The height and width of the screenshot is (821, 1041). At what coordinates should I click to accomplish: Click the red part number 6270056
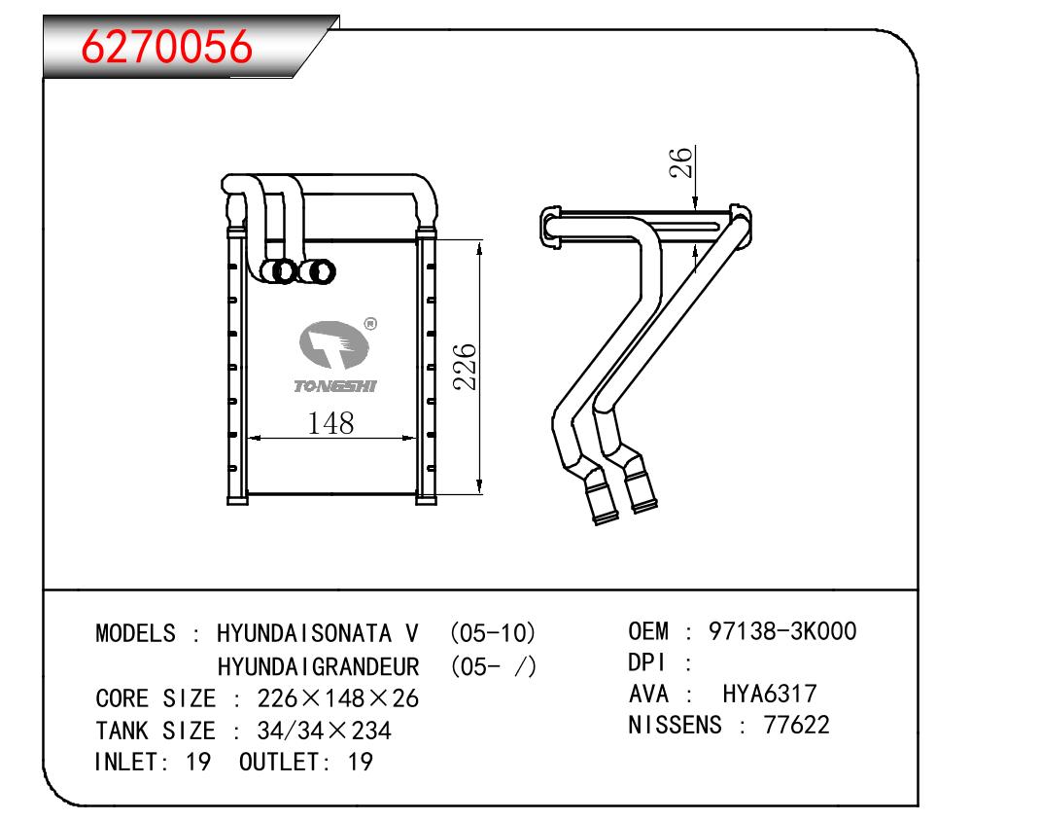coord(166,46)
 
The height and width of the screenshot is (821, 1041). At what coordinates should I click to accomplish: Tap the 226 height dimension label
coord(465,367)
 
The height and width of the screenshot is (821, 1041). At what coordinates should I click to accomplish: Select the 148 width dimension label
coord(330,423)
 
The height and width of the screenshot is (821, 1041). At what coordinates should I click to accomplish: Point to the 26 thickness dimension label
coord(681,162)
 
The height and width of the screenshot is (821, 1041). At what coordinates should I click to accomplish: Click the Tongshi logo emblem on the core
coord(334,344)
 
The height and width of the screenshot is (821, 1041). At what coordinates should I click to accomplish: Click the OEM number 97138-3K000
coord(782,631)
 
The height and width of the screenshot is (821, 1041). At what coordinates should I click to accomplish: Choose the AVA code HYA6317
coord(770,694)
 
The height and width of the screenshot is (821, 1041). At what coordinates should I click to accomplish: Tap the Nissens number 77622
coord(796,725)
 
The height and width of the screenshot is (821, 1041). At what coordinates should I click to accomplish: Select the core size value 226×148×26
coord(338,698)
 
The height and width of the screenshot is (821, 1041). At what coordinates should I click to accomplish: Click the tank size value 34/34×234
coord(324,731)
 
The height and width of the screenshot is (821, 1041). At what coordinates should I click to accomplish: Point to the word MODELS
coord(135,633)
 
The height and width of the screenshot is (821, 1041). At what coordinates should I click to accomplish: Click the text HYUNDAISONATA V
coord(317,633)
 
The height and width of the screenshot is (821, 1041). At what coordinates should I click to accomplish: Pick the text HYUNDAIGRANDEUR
coord(318,666)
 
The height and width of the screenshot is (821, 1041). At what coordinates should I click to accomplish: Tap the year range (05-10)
coord(493,633)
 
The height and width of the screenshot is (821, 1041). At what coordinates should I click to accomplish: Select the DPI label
coord(646,662)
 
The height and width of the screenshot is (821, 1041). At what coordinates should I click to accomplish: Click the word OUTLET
coord(279,762)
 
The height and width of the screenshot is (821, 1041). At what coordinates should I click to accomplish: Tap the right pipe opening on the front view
coord(317,271)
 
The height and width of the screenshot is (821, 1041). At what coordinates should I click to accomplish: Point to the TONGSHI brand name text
coord(335,386)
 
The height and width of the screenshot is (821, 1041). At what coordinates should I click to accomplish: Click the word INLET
coord(127,762)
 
